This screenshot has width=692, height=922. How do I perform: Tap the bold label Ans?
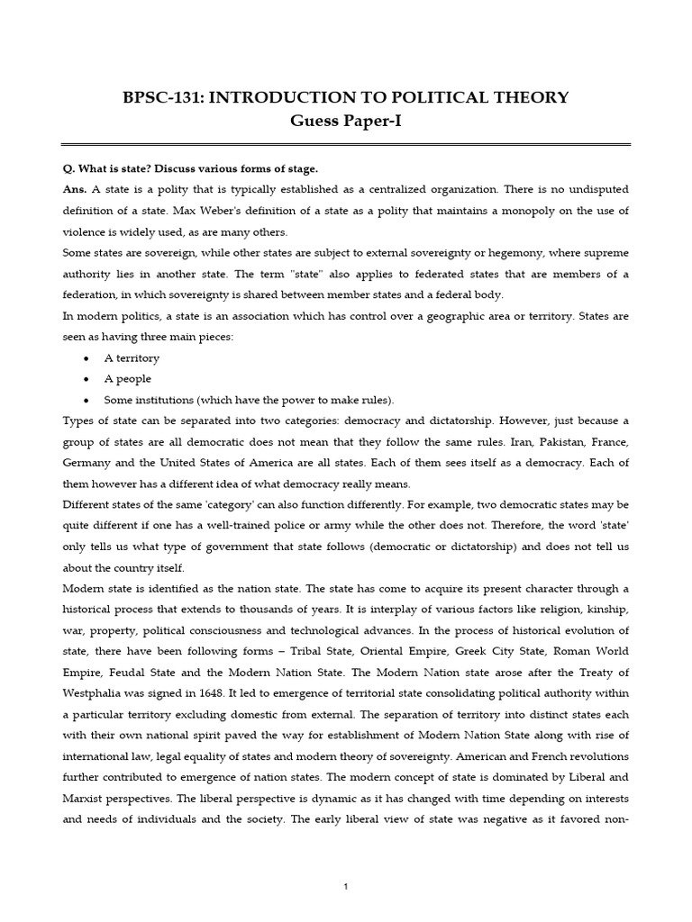click(x=75, y=190)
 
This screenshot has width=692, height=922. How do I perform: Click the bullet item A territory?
click(x=132, y=357)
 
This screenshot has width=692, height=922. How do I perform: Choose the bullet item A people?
click(x=127, y=379)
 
